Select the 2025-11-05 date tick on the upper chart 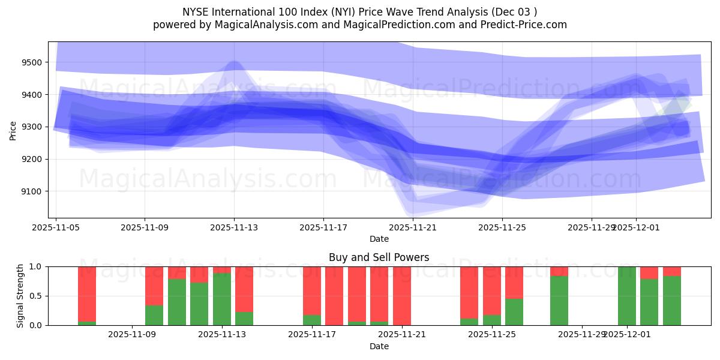tap(56, 227)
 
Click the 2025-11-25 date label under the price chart tap(502, 227)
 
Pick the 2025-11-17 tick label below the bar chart tap(312, 335)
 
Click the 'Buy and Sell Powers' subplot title tap(379, 257)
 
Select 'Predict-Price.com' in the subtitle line tap(521, 25)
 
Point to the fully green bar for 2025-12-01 tap(627, 296)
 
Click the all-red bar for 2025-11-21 tap(402, 296)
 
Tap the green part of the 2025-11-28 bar tap(559, 300)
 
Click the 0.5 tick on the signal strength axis tap(37, 296)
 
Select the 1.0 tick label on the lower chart tap(37, 266)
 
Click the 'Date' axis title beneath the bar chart tap(379, 346)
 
